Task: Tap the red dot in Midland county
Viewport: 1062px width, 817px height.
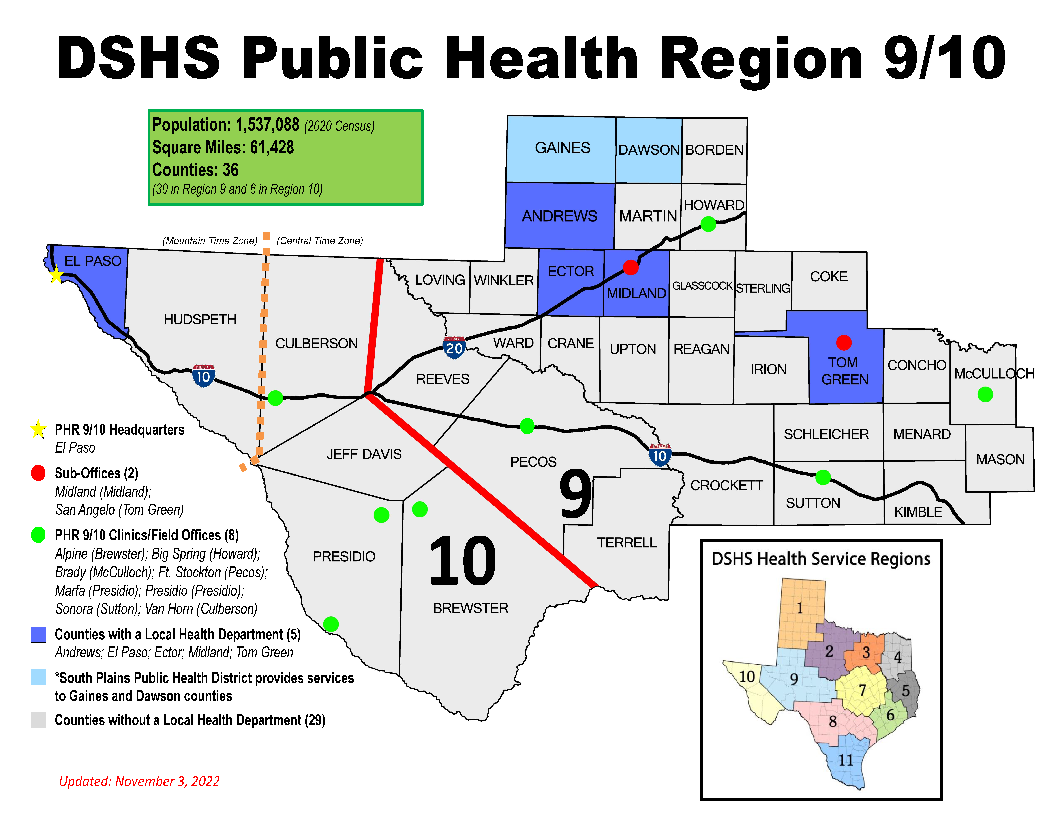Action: [630, 267]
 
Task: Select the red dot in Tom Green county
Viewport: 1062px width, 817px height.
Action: [844, 342]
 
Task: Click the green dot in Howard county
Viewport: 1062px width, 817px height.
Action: [708, 224]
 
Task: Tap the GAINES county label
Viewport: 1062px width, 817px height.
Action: [562, 148]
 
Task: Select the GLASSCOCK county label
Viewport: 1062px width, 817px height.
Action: [702, 286]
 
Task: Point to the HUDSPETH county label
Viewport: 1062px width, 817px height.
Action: [200, 320]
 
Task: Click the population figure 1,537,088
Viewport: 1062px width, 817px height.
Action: [267, 125]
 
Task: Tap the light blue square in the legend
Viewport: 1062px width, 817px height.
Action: [38, 677]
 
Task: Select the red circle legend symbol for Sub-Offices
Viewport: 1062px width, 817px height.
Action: [38, 473]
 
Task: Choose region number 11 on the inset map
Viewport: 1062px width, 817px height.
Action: [846, 760]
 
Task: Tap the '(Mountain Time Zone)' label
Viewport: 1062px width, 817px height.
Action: [210, 241]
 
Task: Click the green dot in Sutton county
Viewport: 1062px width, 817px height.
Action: [823, 477]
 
